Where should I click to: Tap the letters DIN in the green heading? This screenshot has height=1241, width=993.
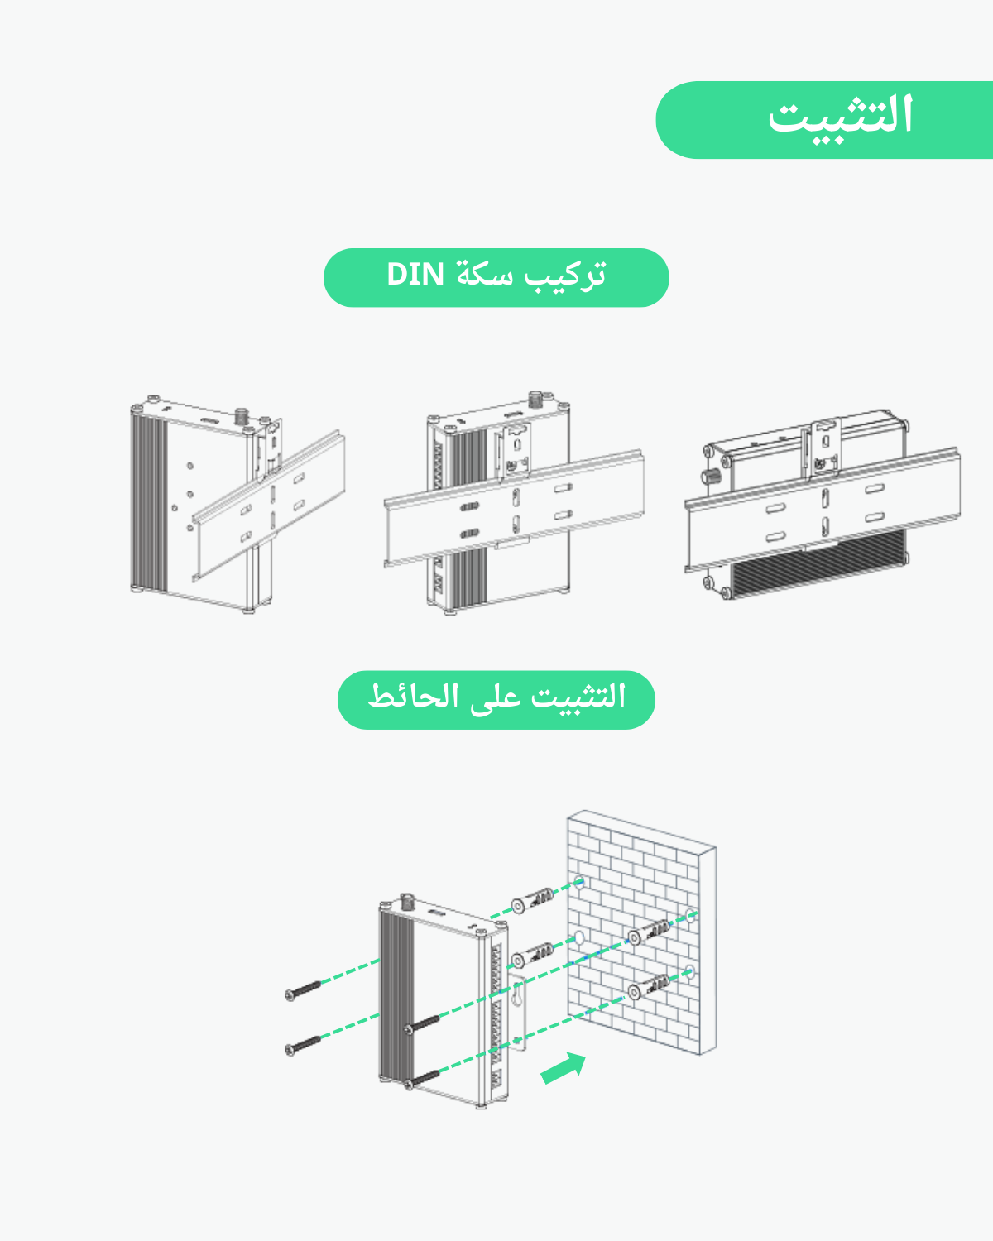[415, 275]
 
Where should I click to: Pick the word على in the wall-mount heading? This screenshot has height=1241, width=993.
[495, 699]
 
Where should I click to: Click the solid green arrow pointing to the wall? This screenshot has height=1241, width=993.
[563, 1068]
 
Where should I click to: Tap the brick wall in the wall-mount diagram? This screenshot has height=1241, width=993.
[641, 932]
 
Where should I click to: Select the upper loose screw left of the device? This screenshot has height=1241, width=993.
[304, 990]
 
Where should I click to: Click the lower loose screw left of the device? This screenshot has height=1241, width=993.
[304, 1046]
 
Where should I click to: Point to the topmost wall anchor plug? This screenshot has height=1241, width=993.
[532, 900]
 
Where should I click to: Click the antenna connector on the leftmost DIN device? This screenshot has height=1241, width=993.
[241, 415]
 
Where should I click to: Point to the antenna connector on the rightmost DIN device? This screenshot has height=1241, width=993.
[710, 477]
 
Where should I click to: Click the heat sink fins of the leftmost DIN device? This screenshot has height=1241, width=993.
[150, 502]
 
